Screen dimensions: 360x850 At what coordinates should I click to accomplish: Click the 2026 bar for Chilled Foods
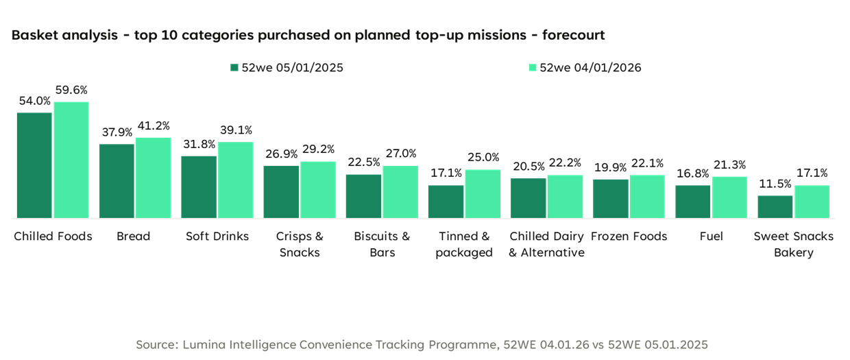pos(71,159)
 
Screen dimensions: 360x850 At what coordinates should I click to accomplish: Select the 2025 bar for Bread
pos(117,180)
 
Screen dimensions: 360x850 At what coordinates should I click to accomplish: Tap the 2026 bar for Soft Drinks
pos(236,180)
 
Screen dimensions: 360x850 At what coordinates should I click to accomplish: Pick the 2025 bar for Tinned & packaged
pos(446,201)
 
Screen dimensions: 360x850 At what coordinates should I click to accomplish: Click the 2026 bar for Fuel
pos(729,197)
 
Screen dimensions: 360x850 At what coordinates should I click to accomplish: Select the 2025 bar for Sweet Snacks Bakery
pos(775,206)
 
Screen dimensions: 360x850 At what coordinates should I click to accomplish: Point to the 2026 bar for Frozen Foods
pos(647,196)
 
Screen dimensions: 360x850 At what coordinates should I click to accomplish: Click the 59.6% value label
pos(71,91)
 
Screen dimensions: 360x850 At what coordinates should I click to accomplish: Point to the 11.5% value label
pos(775,184)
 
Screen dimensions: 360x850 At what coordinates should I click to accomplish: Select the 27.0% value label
pos(400,154)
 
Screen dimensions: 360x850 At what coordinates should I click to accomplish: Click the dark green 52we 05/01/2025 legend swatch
pos(234,68)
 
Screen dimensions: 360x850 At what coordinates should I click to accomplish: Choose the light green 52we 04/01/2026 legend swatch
pos(532,68)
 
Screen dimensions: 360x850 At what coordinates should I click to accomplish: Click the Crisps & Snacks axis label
pos(300,244)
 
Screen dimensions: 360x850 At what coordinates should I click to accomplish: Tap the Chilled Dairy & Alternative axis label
pos(547,244)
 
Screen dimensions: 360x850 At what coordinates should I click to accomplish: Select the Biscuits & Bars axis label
pos(382,244)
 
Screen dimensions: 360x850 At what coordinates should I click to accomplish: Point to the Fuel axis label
pos(711,237)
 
